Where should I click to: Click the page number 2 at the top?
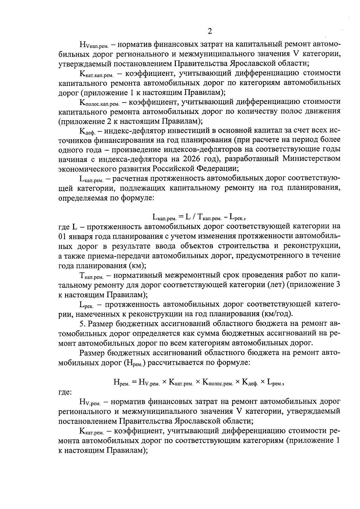click(210, 31)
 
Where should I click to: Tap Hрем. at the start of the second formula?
click(121, 382)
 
